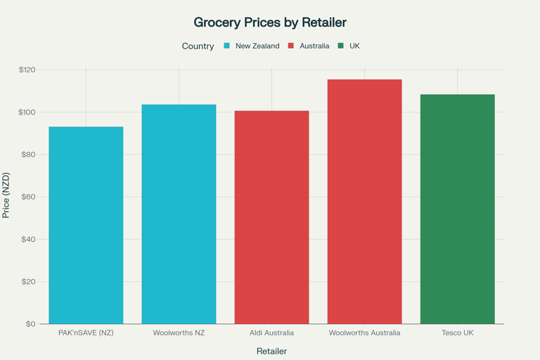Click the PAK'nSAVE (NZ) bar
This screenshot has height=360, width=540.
point(86,225)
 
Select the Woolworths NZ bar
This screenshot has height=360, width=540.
point(179,214)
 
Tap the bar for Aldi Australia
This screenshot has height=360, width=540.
point(271,217)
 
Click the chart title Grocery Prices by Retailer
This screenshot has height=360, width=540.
point(270,22)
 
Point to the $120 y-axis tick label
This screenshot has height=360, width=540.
point(27,70)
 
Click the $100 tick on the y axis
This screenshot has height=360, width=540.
point(27,112)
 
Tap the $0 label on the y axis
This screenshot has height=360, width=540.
point(31,324)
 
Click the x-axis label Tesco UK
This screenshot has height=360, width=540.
point(457,333)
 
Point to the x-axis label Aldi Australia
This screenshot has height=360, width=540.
point(271,333)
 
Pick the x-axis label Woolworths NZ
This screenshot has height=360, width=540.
point(179,333)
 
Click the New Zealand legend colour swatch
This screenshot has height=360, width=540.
point(227,46)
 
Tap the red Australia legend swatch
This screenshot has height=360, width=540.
point(291,46)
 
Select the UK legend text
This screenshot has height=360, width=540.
point(354,46)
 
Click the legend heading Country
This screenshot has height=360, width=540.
point(198,46)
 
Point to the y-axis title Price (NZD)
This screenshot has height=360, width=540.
point(6,195)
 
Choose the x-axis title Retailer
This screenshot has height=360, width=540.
point(271,351)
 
